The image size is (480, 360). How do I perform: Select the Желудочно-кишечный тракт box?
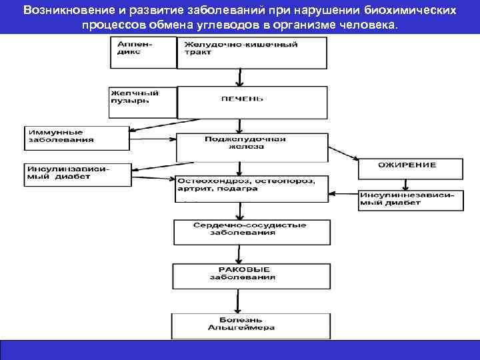point(252,53)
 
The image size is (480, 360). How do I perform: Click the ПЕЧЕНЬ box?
point(252,101)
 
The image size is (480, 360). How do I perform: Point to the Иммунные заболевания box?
point(76,137)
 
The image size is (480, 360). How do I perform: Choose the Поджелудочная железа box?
point(252,146)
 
